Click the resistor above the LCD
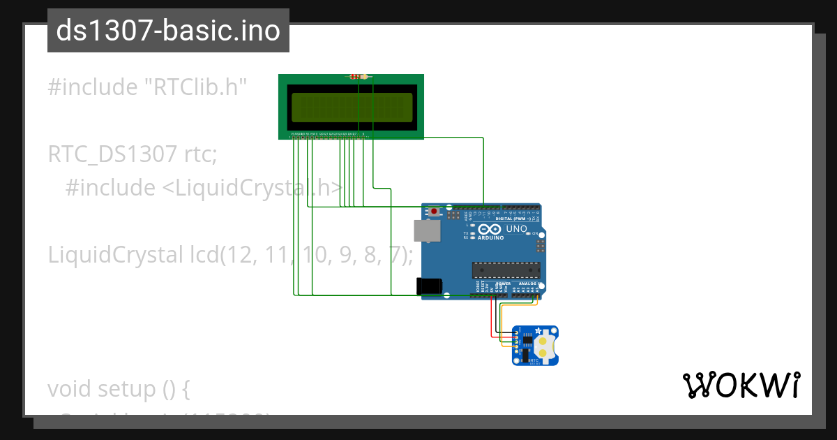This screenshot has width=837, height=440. pos(358,77)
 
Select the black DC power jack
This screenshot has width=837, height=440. pos(428,286)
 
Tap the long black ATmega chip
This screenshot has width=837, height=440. pos(506,270)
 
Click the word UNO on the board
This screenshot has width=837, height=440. pos(516,229)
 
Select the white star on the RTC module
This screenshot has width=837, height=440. pos(539,331)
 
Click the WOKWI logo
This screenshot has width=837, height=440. pos(741,386)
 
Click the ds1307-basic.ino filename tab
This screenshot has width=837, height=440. pos(168,31)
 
